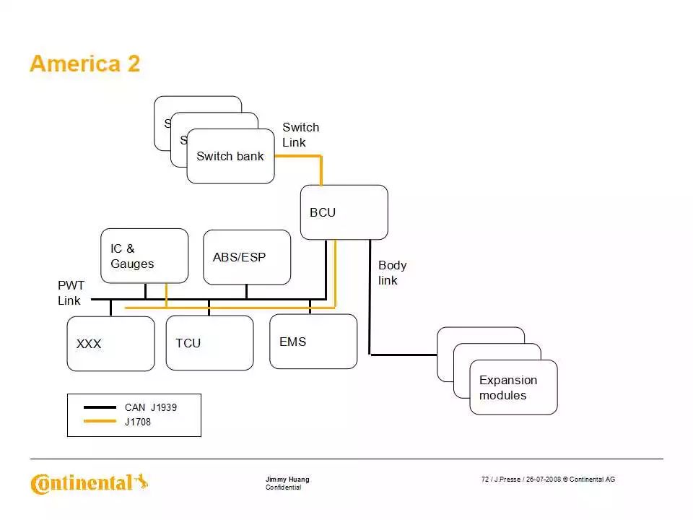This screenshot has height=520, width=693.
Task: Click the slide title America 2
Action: coord(84,64)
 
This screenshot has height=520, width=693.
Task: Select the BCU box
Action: coord(344,212)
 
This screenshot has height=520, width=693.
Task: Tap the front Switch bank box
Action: coord(230,156)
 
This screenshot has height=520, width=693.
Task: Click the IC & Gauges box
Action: coord(144,256)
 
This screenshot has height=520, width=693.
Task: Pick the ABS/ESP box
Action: coord(247,257)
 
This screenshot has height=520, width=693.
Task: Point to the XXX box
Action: coord(110,344)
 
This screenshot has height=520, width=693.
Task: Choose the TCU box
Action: coord(209,343)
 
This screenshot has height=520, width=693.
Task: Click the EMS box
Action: coord(313,342)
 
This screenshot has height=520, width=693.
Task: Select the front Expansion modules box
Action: coord(513,388)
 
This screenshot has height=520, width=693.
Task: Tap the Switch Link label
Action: coord(300,135)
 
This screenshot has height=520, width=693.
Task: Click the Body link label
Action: coord(392,273)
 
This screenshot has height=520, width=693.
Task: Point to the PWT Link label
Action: coord(71,293)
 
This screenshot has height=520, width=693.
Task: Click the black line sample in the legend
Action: coord(100,407)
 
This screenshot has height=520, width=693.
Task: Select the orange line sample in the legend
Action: coord(100,422)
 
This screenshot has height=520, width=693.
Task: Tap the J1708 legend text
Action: coord(138,422)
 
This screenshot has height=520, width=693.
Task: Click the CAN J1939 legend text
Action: coord(150,407)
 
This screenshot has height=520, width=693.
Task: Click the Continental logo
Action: coord(89,482)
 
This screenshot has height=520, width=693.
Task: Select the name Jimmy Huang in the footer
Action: coord(287,480)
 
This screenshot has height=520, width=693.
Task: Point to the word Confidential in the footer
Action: coord(283,487)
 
